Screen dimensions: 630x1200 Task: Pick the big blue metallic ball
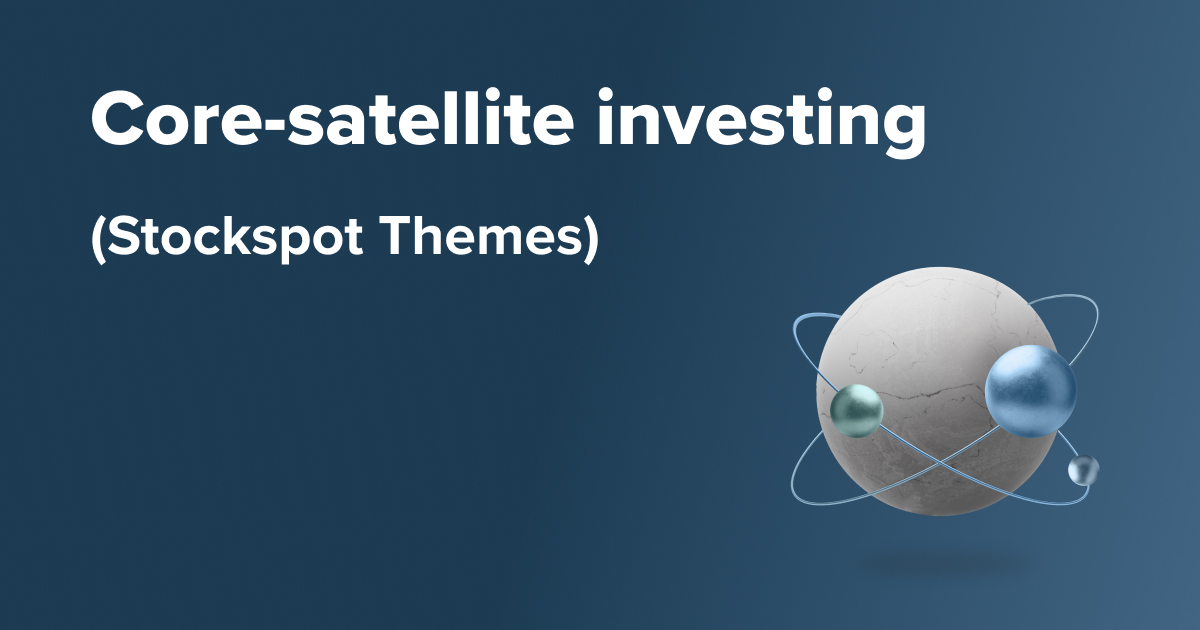[1031, 391]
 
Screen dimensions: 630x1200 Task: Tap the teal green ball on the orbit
[856, 408]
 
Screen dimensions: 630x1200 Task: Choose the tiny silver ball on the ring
[1083, 470]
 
